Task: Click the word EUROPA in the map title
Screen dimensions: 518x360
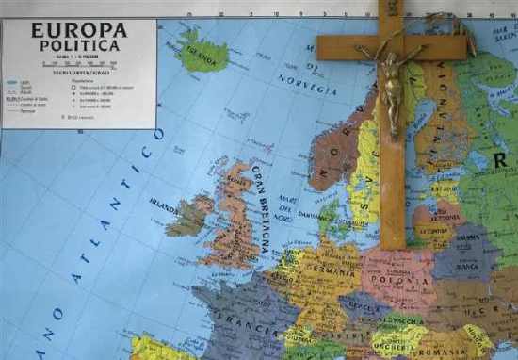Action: [x=79, y=29]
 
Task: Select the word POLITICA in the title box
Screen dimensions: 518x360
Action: [x=79, y=44]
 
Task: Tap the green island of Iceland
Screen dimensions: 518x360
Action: [x=202, y=54]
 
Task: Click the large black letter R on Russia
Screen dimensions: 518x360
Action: [x=502, y=159]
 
